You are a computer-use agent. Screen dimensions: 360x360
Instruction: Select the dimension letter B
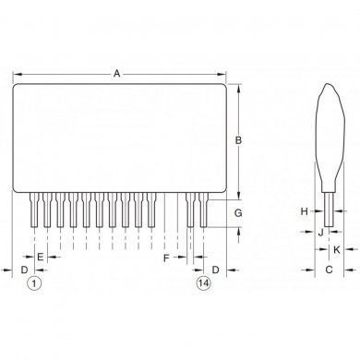tap(237, 140)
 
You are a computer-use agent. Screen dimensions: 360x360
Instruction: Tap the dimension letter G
tap(237, 213)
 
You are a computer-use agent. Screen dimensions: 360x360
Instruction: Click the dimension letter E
tap(42, 257)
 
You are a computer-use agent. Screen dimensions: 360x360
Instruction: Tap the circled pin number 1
tap(34, 283)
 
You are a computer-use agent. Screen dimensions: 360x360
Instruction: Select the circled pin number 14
tap(203, 283)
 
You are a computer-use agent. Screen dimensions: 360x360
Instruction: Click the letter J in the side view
tap(320, 233)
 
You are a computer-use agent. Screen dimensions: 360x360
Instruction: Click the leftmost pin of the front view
tap(35, 210)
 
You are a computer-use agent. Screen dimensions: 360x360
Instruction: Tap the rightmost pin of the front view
tap(203, 210)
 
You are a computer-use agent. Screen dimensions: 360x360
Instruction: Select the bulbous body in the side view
tap(327, 138)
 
